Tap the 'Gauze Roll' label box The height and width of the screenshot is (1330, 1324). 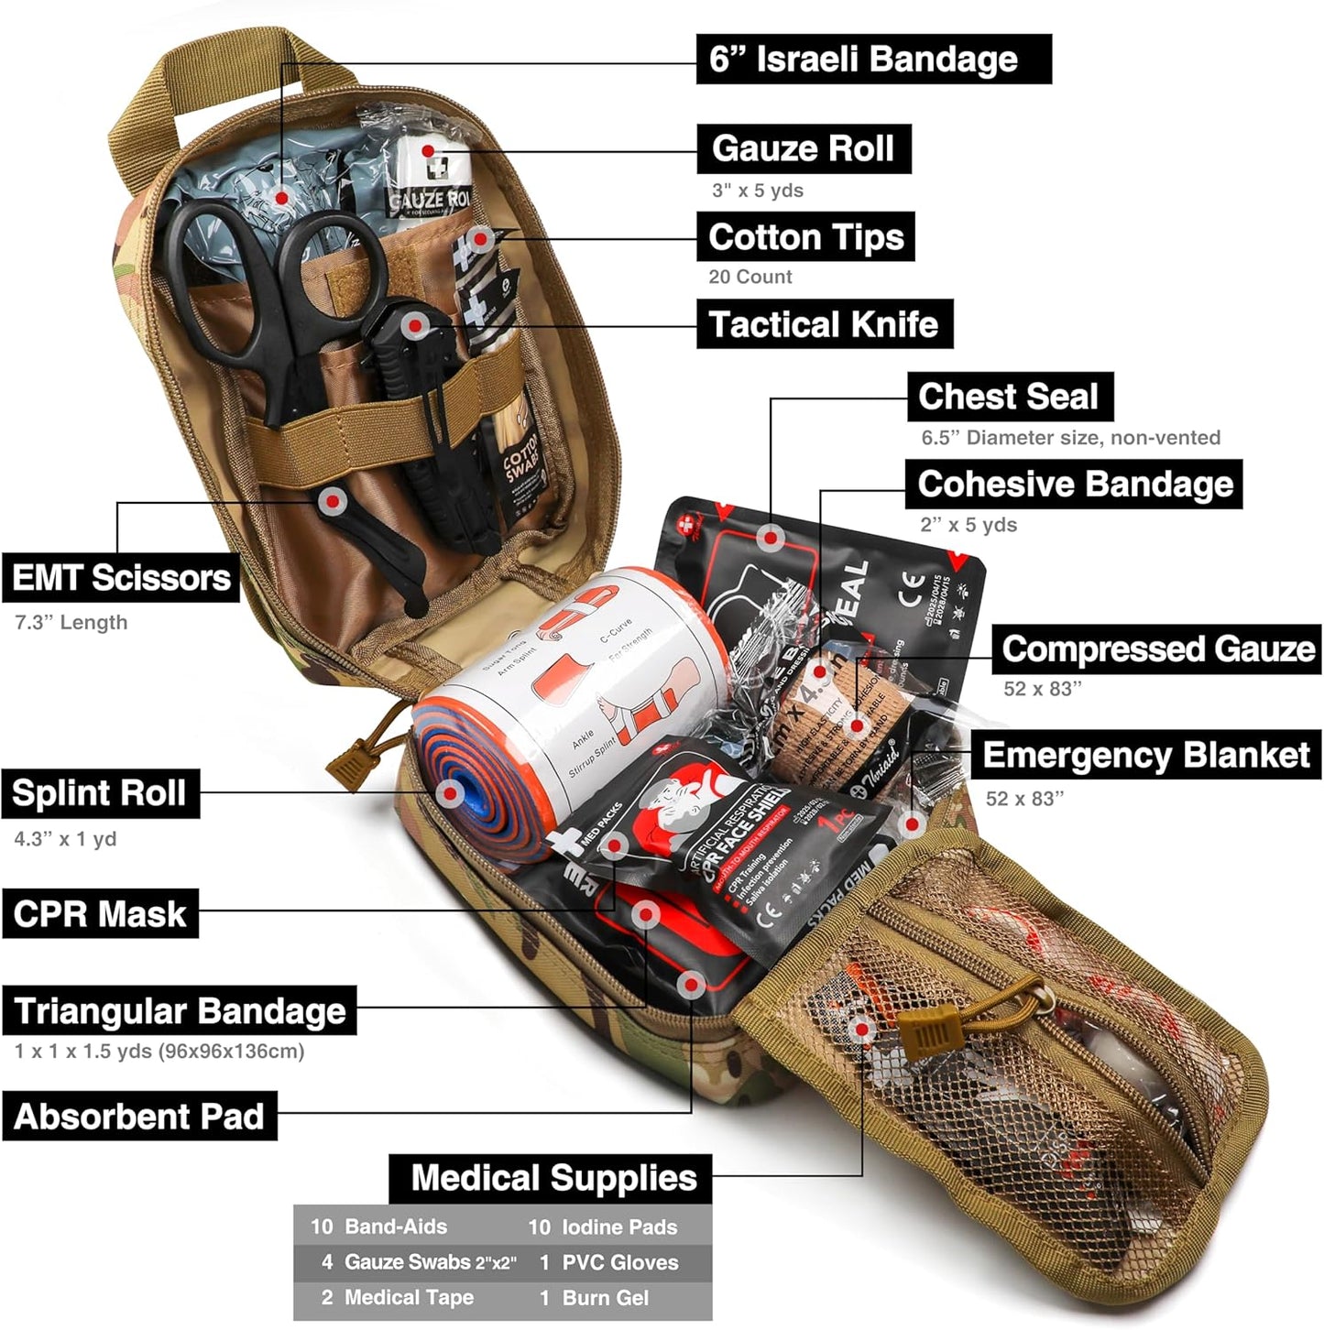click(x=804, y=148)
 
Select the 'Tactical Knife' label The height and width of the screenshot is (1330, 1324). click(x=824, y=324)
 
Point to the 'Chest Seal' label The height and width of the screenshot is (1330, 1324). click(x=1009, y=397)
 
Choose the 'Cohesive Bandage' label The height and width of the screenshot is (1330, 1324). click(x=1075, y=485)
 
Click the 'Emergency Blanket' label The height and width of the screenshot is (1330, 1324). click(x=1146, y=756)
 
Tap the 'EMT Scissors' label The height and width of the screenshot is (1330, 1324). click(x=121, y=578)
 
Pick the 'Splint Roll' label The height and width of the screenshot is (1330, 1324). click(x=100, y=793)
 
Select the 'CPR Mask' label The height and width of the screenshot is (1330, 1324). click(x=100, y=914)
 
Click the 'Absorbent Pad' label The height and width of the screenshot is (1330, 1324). click(x=139, y=1117)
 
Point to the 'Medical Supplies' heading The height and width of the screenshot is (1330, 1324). click(x=553, y=1178)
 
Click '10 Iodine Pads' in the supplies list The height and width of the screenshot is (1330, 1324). click(x=603, y=1227)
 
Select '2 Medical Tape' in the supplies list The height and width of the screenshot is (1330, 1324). click(x=397, y=1298)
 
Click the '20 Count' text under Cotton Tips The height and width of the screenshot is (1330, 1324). click(x=750, y=277)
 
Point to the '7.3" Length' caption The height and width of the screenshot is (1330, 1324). click(x=71, y=623)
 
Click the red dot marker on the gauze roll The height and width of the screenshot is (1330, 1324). click(x=427, y=151)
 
